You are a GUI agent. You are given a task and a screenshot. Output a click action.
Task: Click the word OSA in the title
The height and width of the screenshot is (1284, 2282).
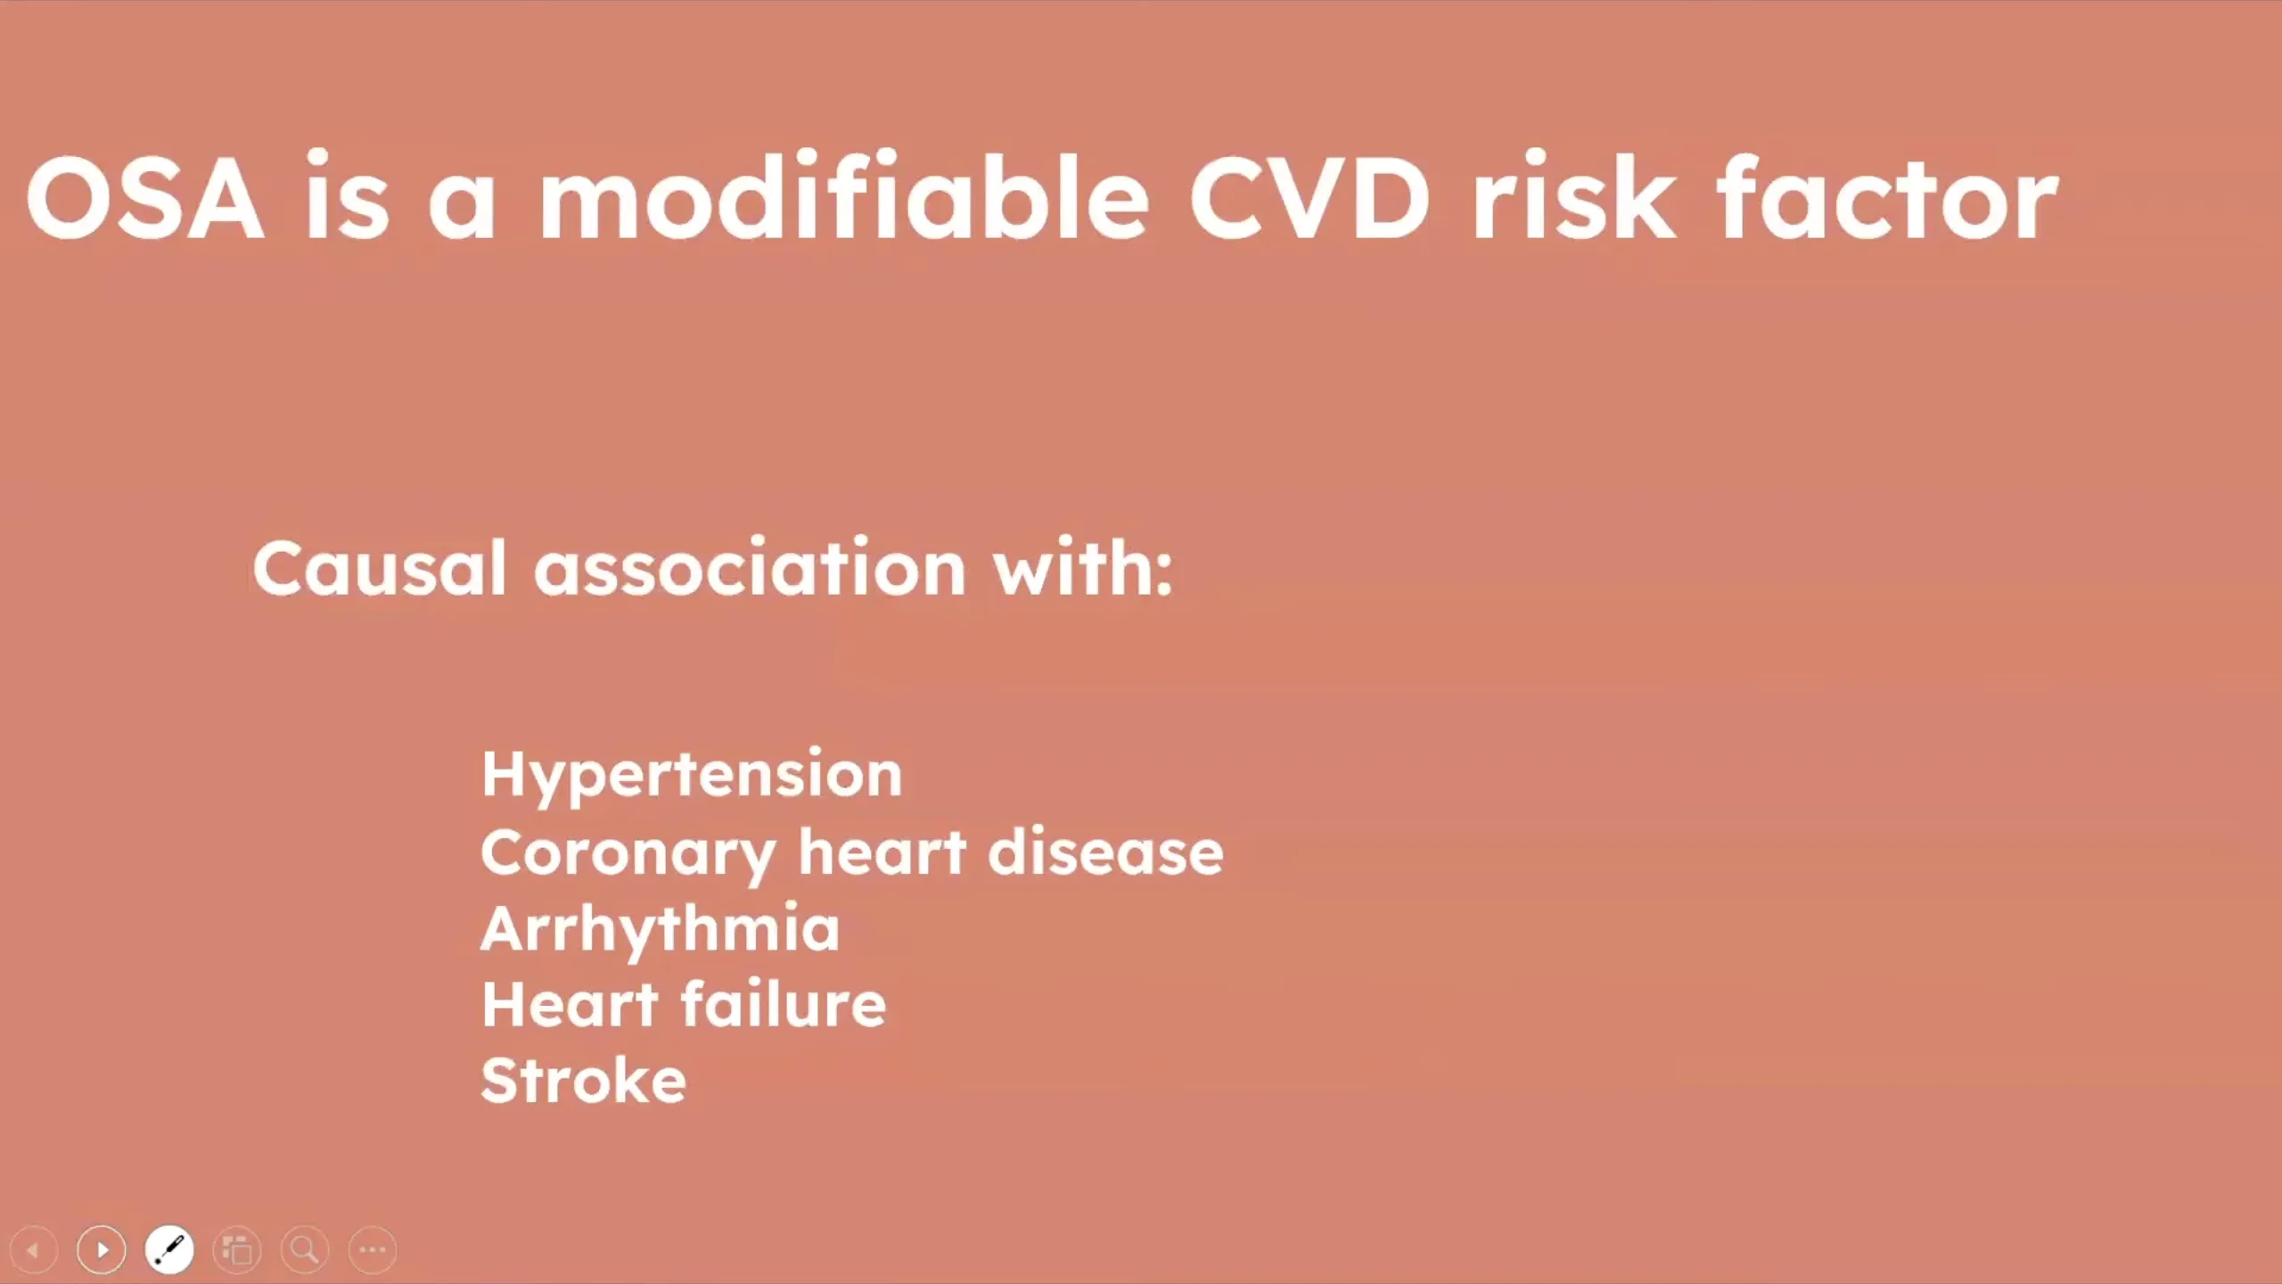[145, 198]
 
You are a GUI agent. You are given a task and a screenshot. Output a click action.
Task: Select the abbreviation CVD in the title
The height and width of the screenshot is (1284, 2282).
[1309, 198]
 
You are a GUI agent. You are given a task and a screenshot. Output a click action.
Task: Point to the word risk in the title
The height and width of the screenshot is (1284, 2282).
[1574, 196]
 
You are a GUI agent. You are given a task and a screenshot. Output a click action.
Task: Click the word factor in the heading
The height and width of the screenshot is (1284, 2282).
[1887, 196]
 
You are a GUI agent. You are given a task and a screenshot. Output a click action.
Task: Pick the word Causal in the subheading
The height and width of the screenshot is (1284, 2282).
[380, 567]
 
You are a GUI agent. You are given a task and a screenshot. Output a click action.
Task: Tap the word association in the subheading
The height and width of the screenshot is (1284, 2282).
[750, 567]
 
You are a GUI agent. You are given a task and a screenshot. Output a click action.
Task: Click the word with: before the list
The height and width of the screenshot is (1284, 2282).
[1083, 567]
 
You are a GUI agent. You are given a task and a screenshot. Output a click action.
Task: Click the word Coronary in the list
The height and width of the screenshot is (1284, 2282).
[628, 854]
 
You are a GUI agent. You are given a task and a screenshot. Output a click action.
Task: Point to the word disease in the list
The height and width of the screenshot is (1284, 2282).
[1105, 851]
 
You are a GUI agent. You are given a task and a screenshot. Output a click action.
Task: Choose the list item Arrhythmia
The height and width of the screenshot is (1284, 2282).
[661, 930]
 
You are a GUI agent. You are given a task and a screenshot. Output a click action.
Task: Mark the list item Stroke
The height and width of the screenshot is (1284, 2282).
[584, 1080]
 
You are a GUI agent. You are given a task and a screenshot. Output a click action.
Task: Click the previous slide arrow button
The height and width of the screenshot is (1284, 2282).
[34, 1250]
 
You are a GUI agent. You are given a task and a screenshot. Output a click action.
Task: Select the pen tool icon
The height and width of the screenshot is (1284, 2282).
[169, 1250]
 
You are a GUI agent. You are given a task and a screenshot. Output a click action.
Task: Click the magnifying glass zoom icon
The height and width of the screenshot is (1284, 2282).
[305, 1250]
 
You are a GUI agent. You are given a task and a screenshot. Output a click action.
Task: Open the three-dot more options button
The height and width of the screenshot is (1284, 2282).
[373, 1250]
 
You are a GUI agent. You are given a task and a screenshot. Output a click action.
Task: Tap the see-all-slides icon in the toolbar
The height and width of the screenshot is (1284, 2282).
[237, 1250]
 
